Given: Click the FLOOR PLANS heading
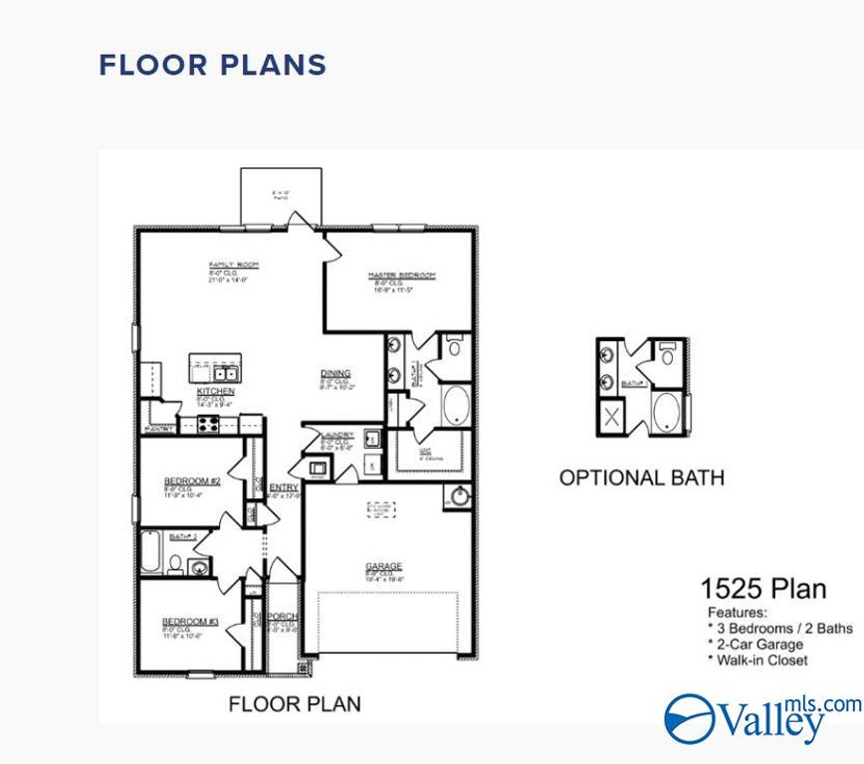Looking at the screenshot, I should (x=212, y=66).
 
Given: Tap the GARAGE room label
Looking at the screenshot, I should (x=383, y=567).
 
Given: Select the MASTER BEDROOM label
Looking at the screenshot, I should (x=401, y=276).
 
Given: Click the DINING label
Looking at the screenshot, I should (x=334, y=374).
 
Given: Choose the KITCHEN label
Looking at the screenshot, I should (x=215, y=392).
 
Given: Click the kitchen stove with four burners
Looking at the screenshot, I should (x=209, y=425).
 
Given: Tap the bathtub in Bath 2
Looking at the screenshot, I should (x=150, y=552).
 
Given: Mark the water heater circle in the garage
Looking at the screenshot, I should (x=460, y=496).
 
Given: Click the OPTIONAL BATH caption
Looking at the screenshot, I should (x=641, y=477).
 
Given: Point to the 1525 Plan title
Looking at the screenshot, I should (x=762, y=588).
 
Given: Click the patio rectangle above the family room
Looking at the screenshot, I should (x=282, y=195).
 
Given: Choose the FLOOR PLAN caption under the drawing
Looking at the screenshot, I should (x=295, y=704).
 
